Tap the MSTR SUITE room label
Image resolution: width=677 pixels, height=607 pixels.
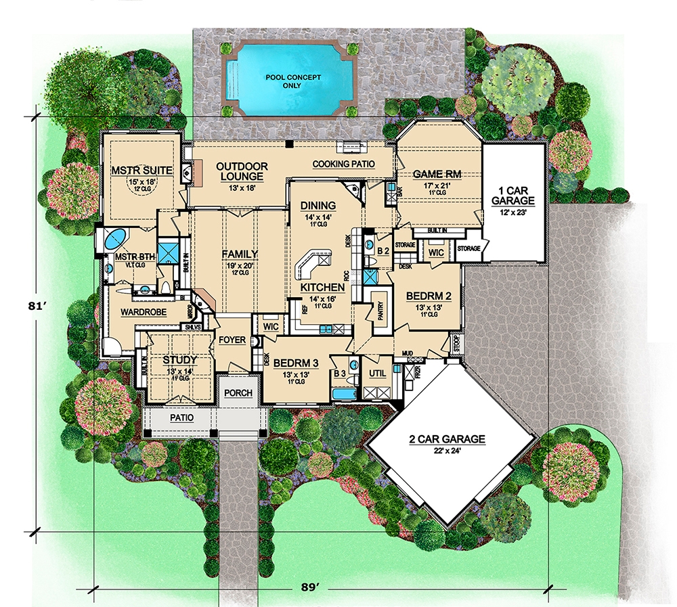[134, 170]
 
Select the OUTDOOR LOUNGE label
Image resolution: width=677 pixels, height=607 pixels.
[242, 171]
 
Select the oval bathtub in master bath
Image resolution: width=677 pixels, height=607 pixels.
[115, 239]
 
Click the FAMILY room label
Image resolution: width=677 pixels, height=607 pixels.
[240, 254]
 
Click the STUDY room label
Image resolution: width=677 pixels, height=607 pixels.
[180, 360]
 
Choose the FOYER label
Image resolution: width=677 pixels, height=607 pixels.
[232, 340]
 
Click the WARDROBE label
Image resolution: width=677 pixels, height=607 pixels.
[139, 313]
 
